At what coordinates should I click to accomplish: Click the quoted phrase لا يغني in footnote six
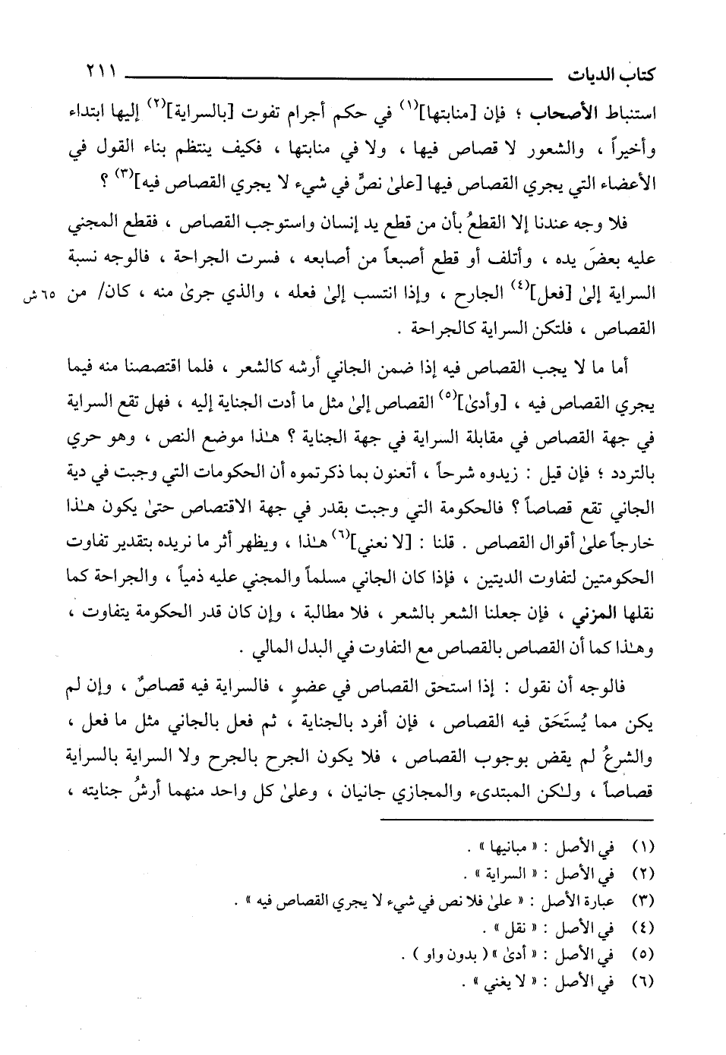(513, 980)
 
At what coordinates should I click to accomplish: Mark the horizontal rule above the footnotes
(516, 818)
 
